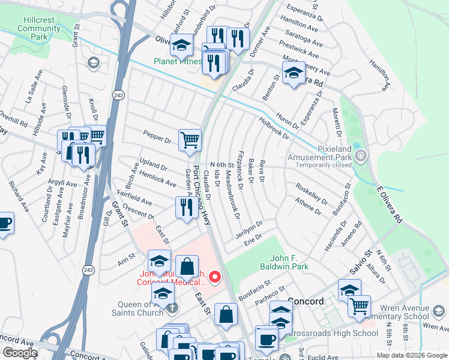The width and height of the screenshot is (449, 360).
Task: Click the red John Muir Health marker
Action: tap(215, 277)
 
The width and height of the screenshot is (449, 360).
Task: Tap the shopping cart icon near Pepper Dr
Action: tap(190, 140)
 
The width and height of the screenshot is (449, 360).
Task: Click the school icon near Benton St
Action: tap(293, 74)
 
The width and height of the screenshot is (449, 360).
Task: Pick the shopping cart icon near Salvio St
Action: tap(359, 306)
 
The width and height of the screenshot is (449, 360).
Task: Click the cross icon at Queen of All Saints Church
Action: tap(172, 308)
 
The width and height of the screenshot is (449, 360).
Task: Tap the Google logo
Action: tap(20, 353)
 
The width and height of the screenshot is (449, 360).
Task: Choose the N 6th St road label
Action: tap(221, 165)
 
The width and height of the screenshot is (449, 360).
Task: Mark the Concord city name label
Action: tap(306, 301)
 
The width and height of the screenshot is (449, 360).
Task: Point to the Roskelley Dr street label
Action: tap(312, 193)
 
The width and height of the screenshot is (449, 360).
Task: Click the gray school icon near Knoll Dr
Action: tap(92, 63)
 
